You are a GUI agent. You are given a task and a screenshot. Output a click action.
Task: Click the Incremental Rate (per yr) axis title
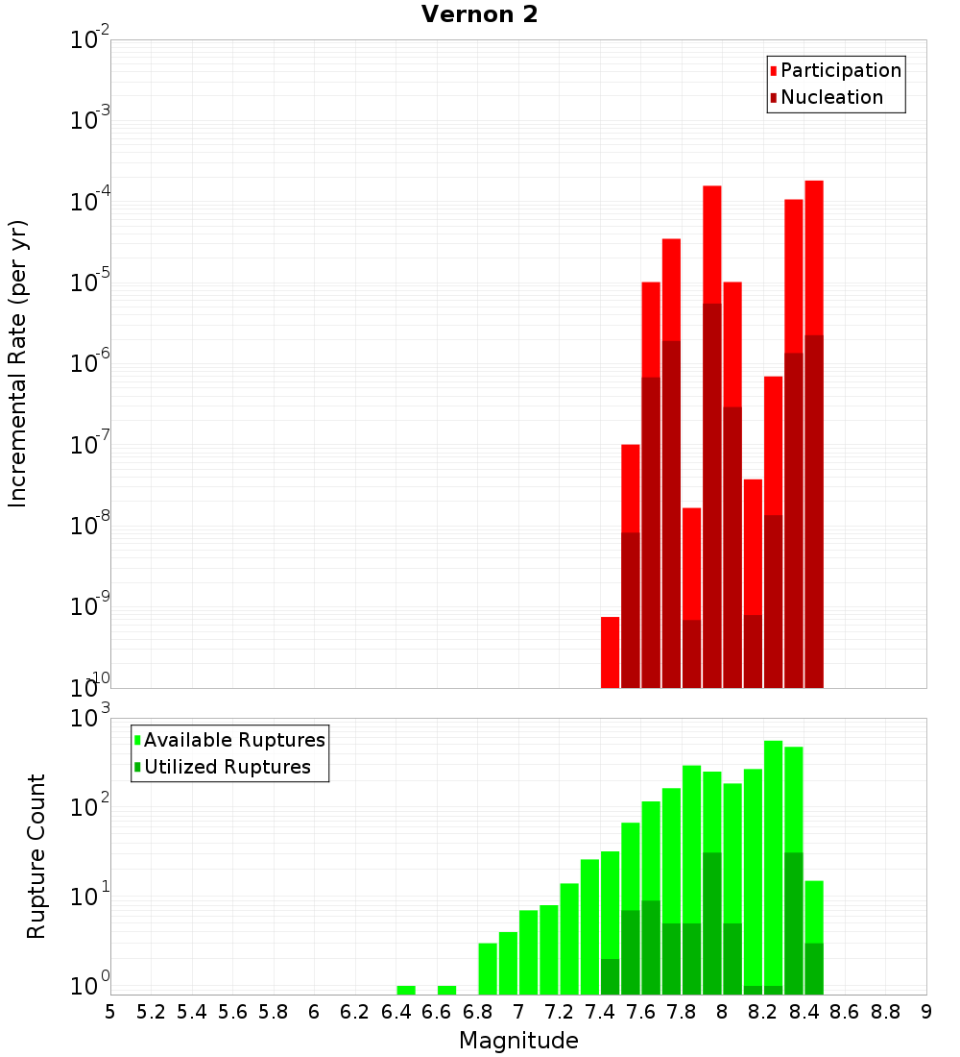[18, 363]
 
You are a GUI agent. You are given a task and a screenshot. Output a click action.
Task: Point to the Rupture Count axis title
[36, 855]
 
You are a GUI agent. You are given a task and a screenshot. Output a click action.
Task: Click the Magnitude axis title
[518, 1041]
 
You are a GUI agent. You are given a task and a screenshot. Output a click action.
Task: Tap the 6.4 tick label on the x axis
[396, 1012]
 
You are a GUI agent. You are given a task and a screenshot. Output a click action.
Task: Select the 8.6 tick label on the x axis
[845, 1012]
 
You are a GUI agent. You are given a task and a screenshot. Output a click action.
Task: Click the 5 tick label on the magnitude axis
[110, 1012]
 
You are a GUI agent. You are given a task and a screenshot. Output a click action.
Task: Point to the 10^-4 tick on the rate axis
[89, 203]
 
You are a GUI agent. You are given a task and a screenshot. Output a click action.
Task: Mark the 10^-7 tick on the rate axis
[89, 446]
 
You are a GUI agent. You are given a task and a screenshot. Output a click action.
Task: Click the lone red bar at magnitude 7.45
[610, 652]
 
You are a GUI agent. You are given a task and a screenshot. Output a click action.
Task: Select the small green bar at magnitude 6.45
[406, 990]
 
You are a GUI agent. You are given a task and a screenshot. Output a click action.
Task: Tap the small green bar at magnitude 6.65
[446, 990]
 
